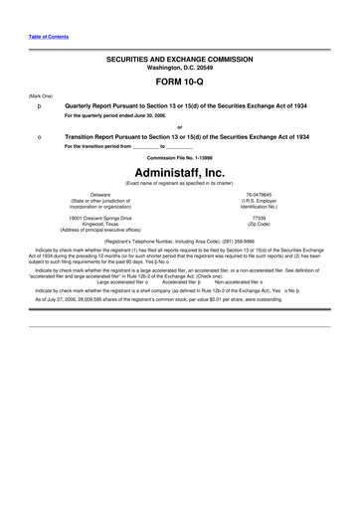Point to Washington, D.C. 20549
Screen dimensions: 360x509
(x=179, y=68)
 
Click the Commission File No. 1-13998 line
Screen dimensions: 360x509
(x=179, y=157)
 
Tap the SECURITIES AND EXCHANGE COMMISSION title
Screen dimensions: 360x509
(x=179, y=60)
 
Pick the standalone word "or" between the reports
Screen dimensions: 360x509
(x=179, y=126)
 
